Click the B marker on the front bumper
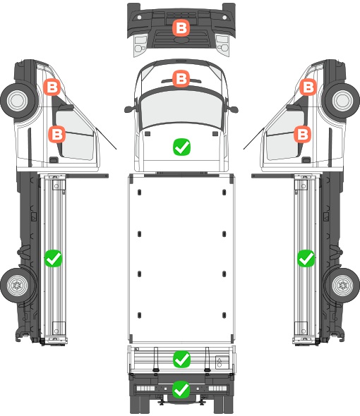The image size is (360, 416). [181, 28]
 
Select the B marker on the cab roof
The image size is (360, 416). [181, 78]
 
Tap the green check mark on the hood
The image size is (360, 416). [181, 147]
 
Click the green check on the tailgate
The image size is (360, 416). [181, 360]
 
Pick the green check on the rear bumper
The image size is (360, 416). [181, 389]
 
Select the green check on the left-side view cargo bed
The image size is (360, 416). [54, 258]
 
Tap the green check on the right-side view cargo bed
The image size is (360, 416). [306, 258]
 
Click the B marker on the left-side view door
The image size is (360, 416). [57, 134]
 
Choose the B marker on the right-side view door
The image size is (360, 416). [302, 134]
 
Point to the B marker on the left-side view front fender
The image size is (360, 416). [52, 87]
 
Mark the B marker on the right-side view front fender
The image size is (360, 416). [308, 87]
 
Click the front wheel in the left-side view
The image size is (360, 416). [18, 101]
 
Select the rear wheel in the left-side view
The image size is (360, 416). [18, 286]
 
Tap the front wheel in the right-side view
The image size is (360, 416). [342, 101]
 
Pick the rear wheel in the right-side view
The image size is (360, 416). [342, 286]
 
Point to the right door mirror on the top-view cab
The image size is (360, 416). [232, 109]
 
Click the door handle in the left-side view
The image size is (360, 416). [54, 160]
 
